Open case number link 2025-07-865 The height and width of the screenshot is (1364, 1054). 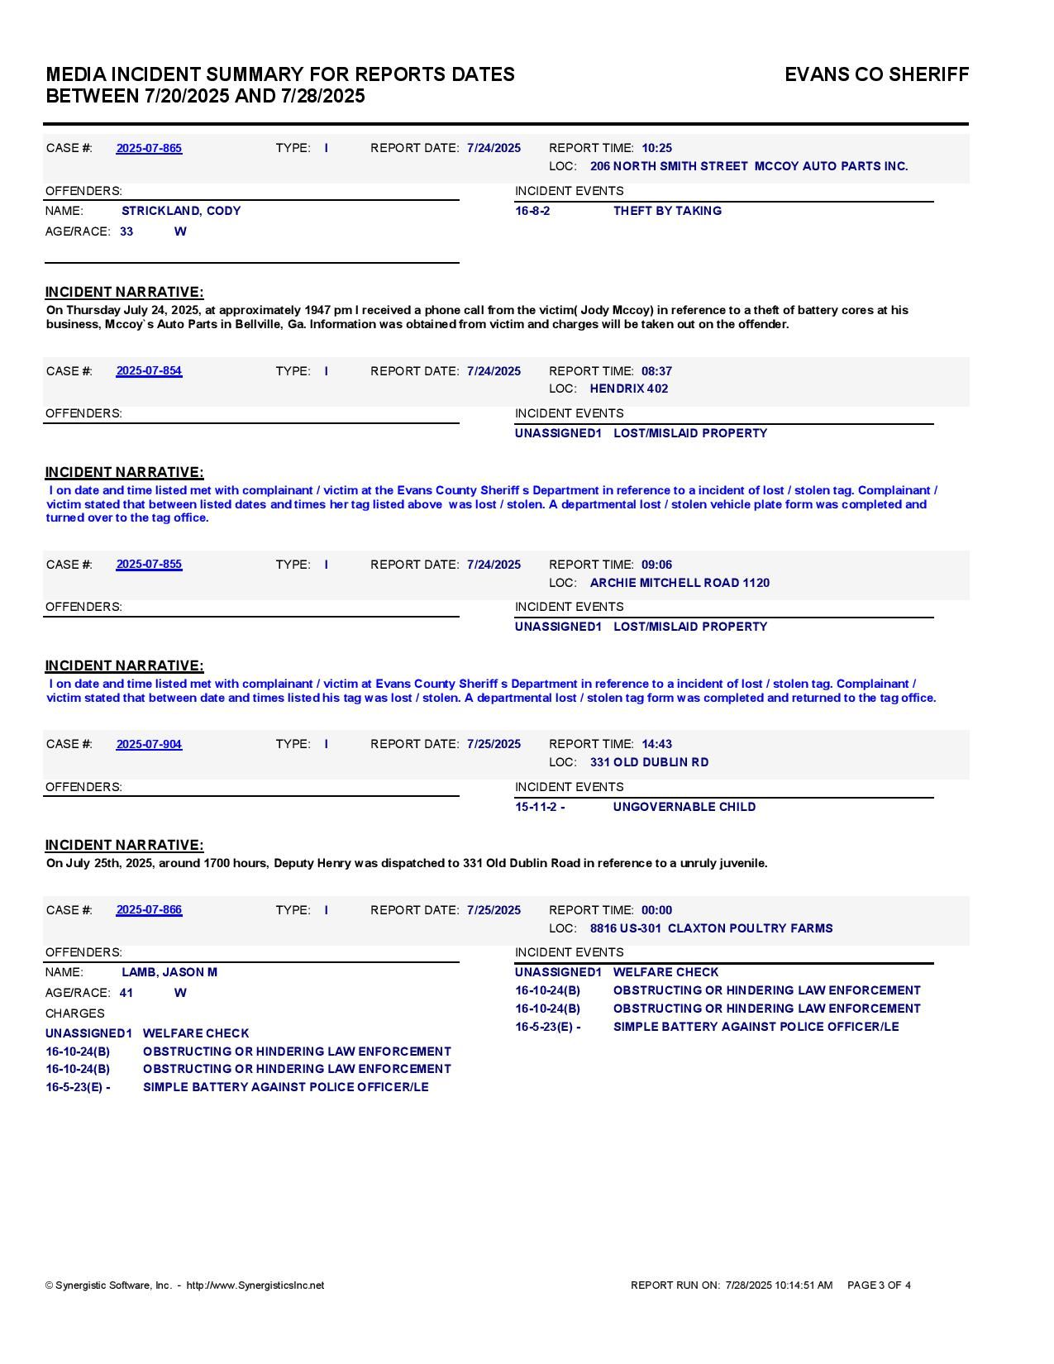coord(149,148)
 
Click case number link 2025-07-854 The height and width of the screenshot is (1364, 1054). coord(149,371)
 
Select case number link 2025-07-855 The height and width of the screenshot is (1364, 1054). coord(149,565)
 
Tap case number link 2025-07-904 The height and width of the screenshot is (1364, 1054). coord(149,744)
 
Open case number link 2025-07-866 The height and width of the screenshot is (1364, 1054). coord(149,910)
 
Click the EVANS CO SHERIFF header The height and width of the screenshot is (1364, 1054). coord(876,74)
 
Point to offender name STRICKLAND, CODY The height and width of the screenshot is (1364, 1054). coord(181,211)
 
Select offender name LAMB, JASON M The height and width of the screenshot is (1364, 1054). coord(169,972)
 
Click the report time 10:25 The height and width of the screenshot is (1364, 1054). coord(656,148)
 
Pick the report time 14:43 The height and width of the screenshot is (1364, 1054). coord(656,744)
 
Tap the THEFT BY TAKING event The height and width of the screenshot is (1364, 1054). coord(667,211)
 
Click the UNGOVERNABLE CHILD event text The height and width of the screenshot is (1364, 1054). coord(684,807)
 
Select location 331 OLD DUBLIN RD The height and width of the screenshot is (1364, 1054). coord(649,762)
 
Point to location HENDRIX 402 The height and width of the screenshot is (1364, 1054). coord(629,389)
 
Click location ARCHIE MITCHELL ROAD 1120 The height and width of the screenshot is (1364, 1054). coord(680,583)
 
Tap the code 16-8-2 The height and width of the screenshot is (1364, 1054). coord(532,211)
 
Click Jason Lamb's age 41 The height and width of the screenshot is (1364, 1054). coord(126,993)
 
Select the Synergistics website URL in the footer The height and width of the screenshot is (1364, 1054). coord(255,1285)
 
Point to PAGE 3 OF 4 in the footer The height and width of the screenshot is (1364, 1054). coord(879,1285)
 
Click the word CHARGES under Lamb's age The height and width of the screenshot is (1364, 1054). coord(75,1013)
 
